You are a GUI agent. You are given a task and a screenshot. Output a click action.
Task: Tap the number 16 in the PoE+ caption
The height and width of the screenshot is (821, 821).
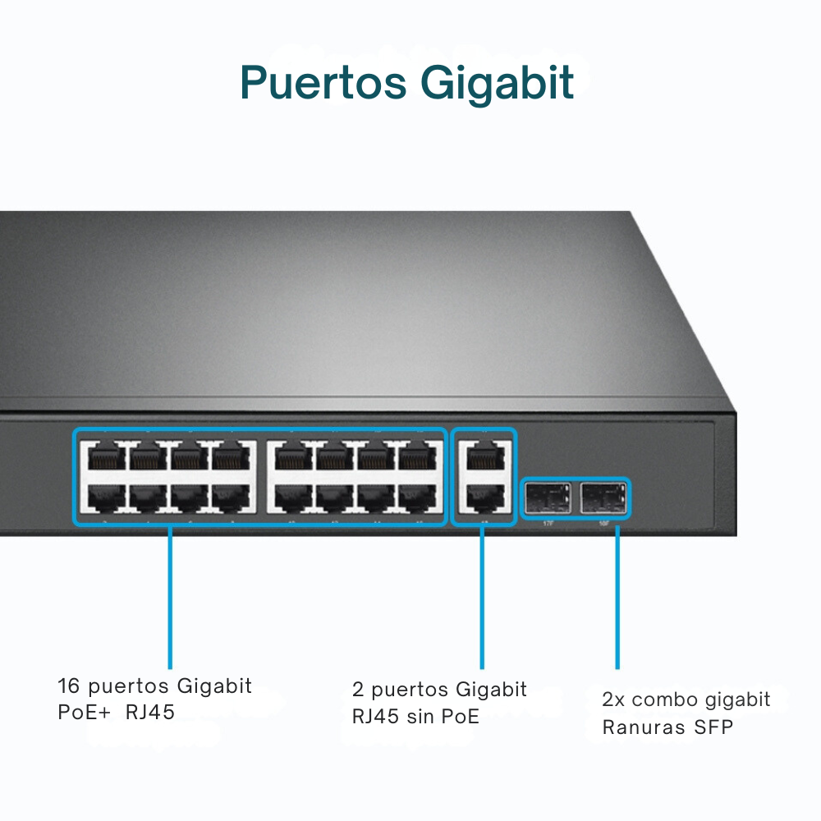coord(68,686)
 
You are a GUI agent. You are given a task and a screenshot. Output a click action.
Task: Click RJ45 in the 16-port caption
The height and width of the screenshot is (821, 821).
coord(150,712)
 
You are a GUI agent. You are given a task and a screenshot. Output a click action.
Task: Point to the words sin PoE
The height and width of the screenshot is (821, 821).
coord(443,716)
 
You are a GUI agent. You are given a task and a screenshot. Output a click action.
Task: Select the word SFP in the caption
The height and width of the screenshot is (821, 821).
coord(713,727)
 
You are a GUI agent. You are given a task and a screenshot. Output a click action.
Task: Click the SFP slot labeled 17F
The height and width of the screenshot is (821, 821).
coord(548,498)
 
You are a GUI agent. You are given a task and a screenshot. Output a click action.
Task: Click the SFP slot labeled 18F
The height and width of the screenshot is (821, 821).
coord(603,498)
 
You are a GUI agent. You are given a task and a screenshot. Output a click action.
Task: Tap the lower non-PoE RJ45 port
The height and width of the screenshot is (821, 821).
coord(484,496)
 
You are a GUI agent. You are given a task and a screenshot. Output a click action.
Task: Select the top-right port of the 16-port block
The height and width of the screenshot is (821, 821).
coord(417,456)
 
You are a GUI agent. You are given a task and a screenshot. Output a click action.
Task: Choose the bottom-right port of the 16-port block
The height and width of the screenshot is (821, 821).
coord(417,496)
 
